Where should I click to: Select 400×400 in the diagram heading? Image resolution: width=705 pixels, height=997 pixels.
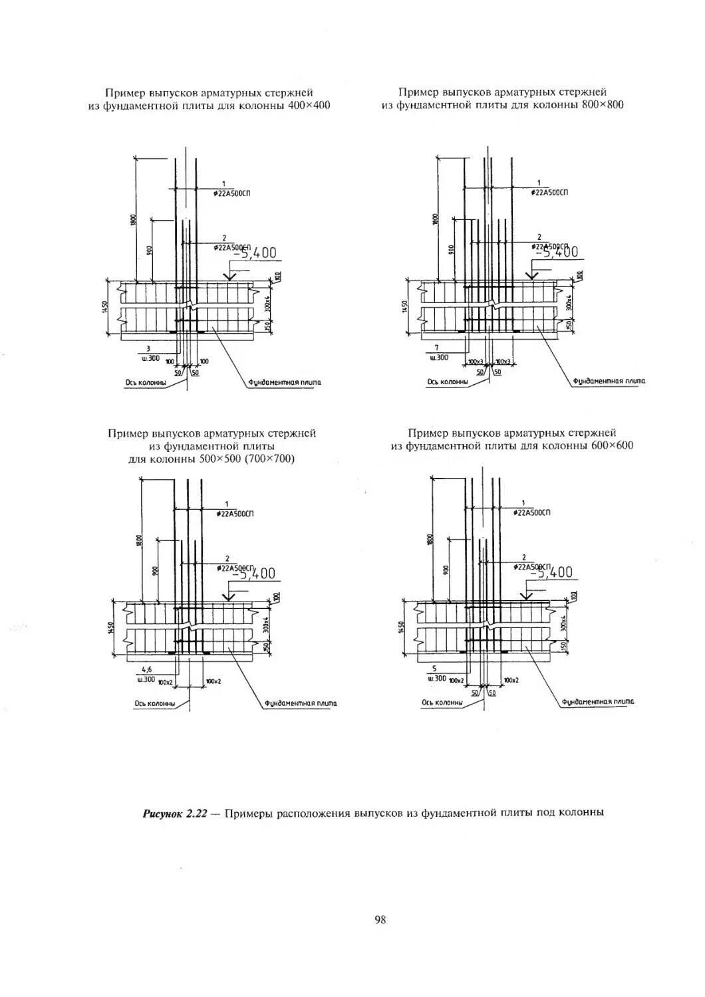[309, 105]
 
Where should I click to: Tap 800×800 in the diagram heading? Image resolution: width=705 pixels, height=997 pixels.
[602, 104]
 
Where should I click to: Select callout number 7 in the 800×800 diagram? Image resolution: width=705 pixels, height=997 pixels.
[437, 348]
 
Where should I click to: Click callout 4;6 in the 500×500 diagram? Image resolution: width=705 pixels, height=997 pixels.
[147, 670]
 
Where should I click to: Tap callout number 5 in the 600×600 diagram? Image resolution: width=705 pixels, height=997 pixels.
[434, 669]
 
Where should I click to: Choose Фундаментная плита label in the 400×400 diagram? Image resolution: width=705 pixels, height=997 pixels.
[285, 382]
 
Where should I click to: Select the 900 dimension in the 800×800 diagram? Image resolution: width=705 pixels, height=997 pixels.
[452, 249]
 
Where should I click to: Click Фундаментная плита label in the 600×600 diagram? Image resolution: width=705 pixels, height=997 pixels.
[598, 701]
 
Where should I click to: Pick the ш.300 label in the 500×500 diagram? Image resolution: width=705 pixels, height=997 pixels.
[146, 679]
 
